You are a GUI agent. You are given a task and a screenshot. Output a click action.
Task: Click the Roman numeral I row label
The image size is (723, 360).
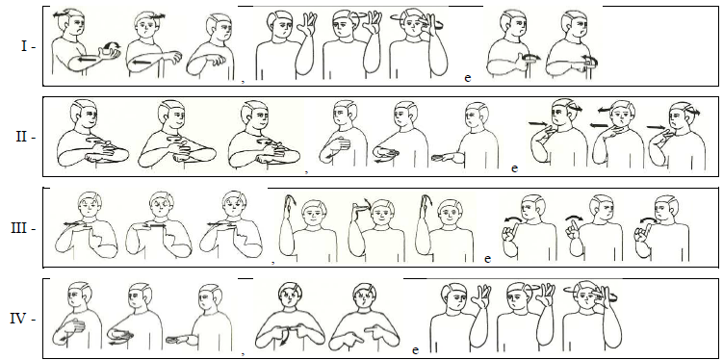click(24, 46)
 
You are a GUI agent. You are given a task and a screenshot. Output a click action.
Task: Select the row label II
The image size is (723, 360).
click(22, 137)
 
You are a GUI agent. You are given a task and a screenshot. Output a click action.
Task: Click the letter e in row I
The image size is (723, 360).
click(468, 78)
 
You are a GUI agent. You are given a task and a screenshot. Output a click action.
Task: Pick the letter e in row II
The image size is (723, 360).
click(515, 168)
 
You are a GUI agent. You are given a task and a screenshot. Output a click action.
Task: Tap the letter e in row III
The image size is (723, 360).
click(488, 259)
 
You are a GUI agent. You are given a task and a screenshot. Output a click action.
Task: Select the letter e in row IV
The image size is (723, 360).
click(415, 350)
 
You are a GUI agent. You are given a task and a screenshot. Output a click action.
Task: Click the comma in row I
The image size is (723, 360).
click(243, 81)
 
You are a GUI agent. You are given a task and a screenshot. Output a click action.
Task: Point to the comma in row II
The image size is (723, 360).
click(306, 171)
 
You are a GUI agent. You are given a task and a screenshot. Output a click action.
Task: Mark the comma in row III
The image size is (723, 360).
click(273, 262)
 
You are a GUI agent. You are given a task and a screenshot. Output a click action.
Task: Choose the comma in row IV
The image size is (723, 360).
click(243, 353)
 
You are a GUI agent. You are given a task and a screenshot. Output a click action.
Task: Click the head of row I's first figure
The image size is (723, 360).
click(74, 23)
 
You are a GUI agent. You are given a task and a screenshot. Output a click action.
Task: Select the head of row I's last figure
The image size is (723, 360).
click(572, 25)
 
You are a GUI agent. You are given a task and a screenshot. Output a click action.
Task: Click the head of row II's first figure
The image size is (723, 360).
click(85, 115)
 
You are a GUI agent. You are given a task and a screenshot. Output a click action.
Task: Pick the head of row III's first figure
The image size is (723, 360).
click(90, 205)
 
